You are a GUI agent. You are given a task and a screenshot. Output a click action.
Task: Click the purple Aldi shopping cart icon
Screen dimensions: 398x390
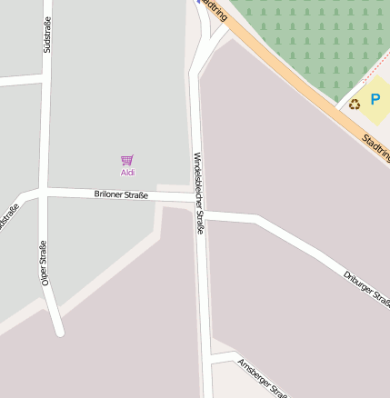[127, 161]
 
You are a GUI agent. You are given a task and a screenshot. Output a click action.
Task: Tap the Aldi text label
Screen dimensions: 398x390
[127, 173]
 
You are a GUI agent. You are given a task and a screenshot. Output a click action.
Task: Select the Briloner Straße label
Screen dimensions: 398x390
[121, 194]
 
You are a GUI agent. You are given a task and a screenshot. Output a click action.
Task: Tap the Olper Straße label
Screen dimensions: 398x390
[44, 264]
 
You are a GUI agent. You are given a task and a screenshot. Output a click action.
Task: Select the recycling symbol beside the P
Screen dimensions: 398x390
[355, 104]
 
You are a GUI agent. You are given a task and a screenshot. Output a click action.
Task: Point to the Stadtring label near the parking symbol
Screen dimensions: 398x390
[375, 144]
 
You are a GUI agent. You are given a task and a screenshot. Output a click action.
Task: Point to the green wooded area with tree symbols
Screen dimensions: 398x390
[309, 36]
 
